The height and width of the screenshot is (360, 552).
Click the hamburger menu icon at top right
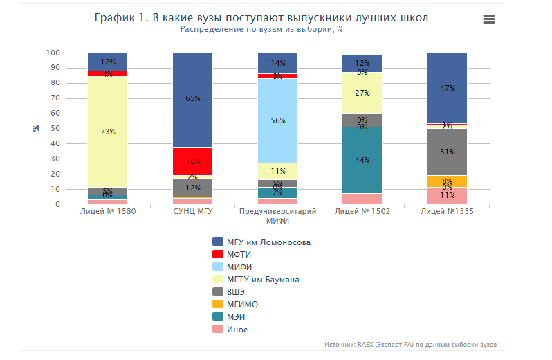(x=489, y=19)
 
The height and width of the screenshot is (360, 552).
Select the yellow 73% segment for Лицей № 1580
(x=107, y=132)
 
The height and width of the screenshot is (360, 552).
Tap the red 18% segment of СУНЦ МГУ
(x=192, y=161)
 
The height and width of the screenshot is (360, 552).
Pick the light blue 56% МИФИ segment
(x=277, y=120)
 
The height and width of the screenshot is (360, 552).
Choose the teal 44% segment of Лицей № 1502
(x=362, y=160)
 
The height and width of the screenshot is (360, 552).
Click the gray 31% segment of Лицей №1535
(x=447, y=152)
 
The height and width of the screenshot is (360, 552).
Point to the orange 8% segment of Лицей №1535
(x=447, y=181)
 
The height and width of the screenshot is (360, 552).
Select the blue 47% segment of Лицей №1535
(x=447, y=88)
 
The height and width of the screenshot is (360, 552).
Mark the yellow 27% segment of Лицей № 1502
(x=362, y=93)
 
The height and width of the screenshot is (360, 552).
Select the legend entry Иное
(x=237, y=330)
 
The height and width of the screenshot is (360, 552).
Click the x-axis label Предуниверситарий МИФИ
(x=277, y=215)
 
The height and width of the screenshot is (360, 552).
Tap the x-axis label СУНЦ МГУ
(x=192, y=211)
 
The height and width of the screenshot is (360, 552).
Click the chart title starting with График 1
(x=261, y=17)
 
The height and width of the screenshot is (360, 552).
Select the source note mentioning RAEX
(x=410, y=344)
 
